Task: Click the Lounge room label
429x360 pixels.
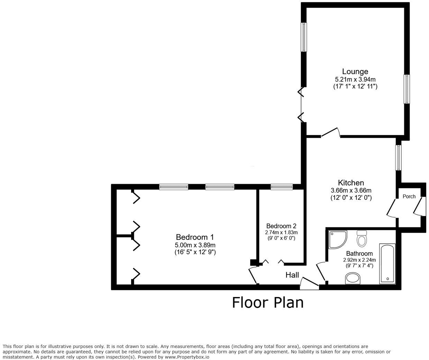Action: (355, 72)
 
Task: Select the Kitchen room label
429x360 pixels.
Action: (351, 182)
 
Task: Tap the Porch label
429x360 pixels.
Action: (409, 196)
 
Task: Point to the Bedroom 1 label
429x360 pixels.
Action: (195, 237)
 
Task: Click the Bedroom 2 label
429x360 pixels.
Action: (281, 226)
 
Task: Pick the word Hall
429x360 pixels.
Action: (292, 275)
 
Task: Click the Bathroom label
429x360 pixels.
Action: (359, 253)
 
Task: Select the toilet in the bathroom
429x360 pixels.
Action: (362, 238)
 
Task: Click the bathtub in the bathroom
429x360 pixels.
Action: (387, 264)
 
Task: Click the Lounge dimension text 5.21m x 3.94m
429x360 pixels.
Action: (355, 79)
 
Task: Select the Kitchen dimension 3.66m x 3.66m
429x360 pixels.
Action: (351, 190)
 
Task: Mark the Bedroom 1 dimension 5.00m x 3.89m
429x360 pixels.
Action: (195, 245)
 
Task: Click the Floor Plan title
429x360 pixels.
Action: (268, 303)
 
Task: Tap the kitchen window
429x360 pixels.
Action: (399, 157)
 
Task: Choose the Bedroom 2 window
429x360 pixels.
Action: (282, 187)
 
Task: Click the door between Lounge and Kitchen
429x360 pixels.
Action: (330, 133)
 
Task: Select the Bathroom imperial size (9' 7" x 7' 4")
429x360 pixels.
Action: (359, 265)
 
